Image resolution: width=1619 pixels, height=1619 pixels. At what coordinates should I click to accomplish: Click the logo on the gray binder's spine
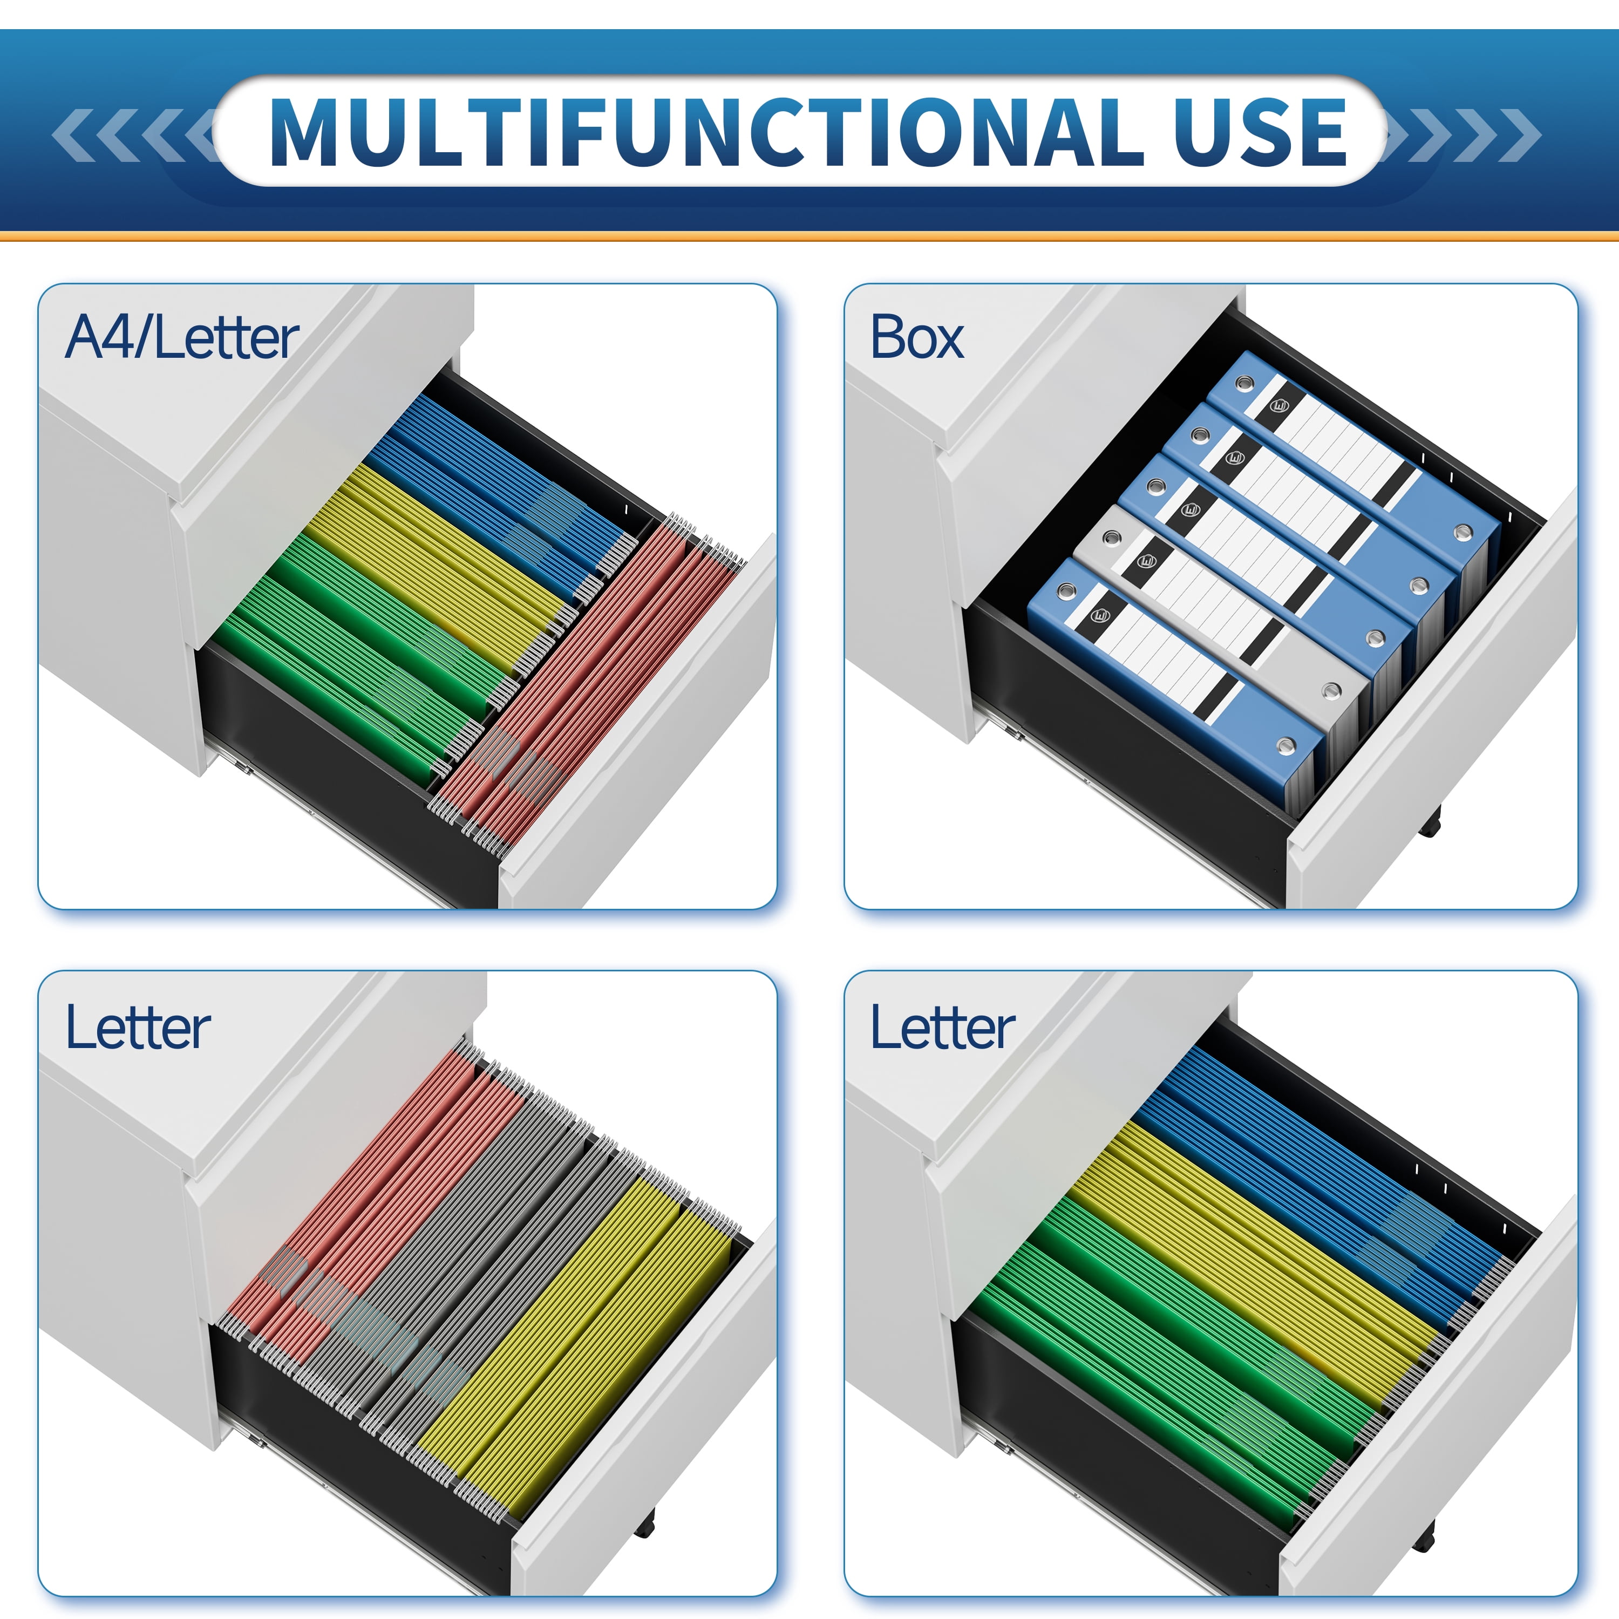tap(1147, 561)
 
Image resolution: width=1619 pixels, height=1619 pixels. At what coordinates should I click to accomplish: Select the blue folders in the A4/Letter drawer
tap(494, 486)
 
